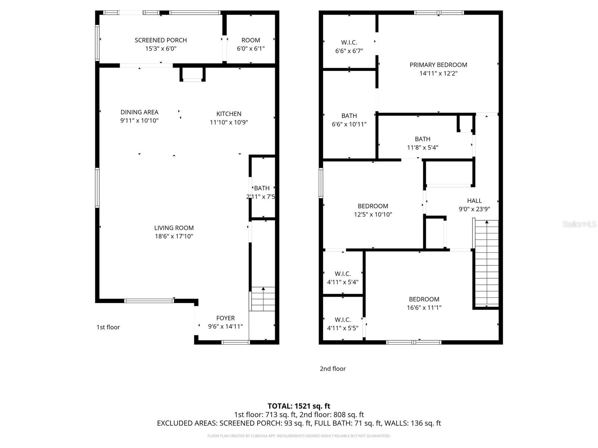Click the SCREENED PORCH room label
[161, 40]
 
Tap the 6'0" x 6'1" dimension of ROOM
[250, 49]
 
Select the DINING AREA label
[139, 112]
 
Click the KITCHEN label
[229, 114]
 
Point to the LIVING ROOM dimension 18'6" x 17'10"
[174, 236]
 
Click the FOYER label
[225, 318]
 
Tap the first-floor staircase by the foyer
[263, 299]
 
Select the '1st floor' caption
[108, 327]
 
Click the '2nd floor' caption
[333, 368]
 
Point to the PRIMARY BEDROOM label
[438, 65]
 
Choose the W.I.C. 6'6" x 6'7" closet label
[349, 43]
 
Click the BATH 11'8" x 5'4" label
[422, 139]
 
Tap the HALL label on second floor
[474, 201]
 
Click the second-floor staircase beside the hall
[486, 263]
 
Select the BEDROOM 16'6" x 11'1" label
[424, 299]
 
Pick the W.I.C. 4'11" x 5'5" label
[342, 320]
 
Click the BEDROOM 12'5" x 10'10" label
[373, 206]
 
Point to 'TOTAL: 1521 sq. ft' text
[299, 406]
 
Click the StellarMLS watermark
[579, 224]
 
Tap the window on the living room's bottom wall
[149, 301]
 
